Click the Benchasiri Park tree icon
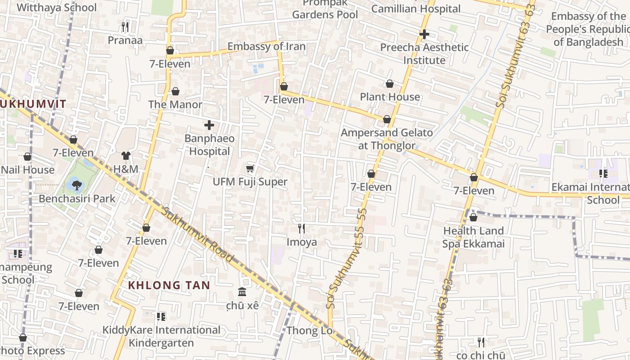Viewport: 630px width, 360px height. coord(77,184)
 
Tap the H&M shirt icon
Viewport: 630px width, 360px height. coord(126,156)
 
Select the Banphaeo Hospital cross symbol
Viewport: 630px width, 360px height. coord(209,125)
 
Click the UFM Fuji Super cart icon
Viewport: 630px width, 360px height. coord(250,168)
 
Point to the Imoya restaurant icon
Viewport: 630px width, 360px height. coord(301,229)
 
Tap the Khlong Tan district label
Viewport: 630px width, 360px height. coord(169,285)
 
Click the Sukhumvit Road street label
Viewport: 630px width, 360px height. coord(198,235)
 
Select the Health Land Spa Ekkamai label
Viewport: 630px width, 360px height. coord(473,237)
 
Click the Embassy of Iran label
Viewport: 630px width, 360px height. coord(266,46)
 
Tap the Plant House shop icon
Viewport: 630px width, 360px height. coord(390,84)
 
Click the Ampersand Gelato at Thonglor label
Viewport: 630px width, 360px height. coord(387,139)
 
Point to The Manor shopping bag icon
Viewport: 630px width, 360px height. coord(175,91)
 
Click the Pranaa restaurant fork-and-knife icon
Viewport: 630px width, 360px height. coord(125,27)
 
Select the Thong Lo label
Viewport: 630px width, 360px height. coord(310,331)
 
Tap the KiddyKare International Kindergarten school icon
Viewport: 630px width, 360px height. coord(161,316)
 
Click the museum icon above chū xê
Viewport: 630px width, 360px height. coord(242,292)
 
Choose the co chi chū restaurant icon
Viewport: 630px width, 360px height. coord(481,342)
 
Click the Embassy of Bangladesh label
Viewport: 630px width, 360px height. coord(588,29)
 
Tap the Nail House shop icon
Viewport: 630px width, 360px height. coord(27,157)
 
